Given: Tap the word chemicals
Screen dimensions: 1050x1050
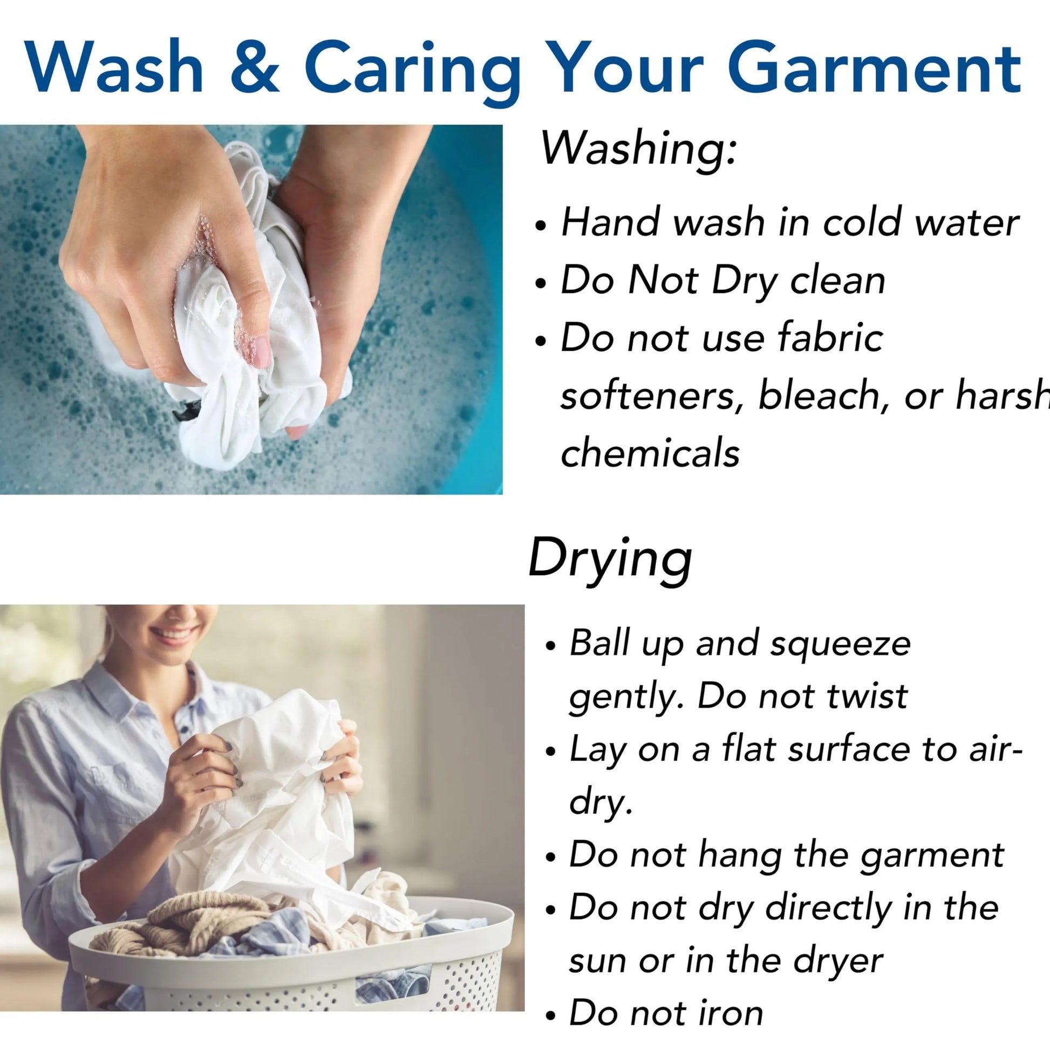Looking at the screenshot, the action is click(650, 453).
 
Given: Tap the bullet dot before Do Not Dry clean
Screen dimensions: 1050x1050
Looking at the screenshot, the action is click(540, 283).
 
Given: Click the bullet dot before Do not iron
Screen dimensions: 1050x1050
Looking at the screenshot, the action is click(551, 1015).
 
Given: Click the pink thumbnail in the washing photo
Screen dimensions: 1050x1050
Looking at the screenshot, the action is click(261, 351).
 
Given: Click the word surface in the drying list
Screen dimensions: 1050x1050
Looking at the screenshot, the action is click(849, 749).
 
